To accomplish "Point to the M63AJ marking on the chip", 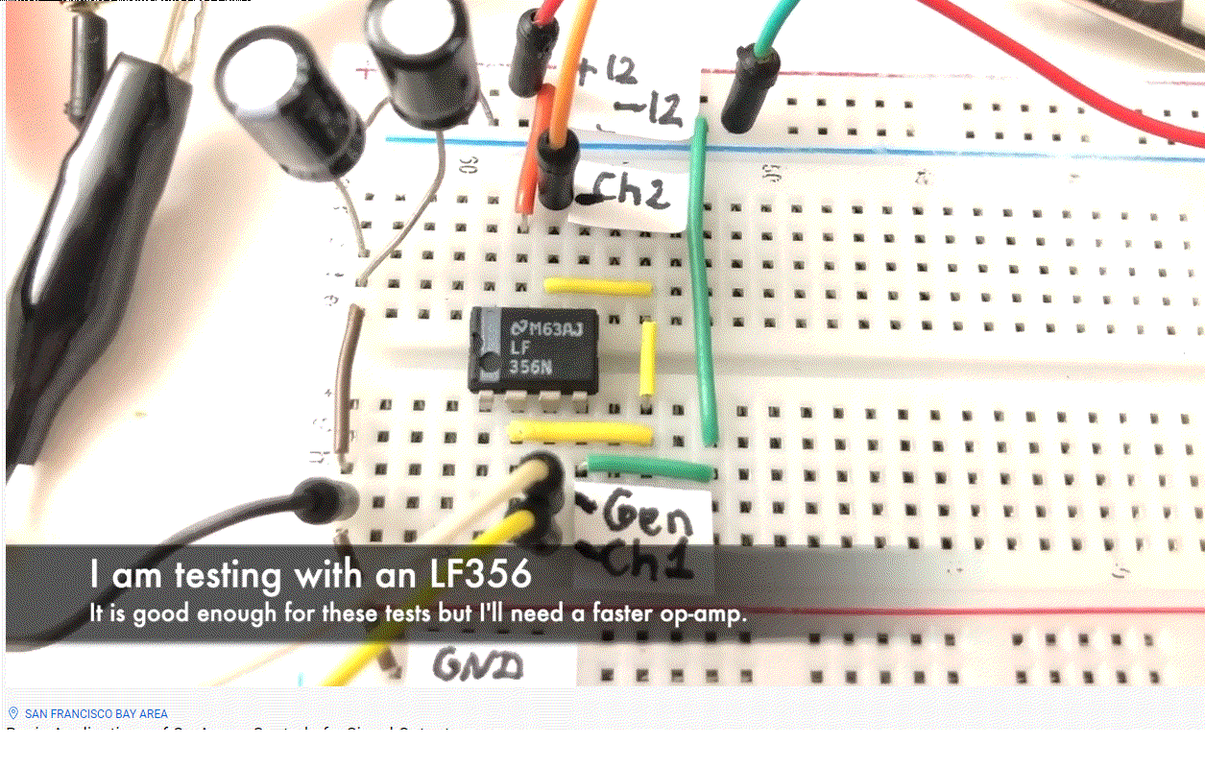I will click(556, 329).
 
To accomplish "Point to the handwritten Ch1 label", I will click(639, 562).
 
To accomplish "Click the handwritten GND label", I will click(477, 665).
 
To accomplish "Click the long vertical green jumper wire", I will click(706, 288).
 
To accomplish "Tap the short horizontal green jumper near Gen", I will click(651, 468).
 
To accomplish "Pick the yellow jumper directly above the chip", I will click(596, 286).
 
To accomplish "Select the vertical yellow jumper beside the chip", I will click(647, 358).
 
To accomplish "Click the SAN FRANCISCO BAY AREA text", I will click(96, 714).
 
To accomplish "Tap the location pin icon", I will click(13, 713).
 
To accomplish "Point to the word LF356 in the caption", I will click(474, 574).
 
